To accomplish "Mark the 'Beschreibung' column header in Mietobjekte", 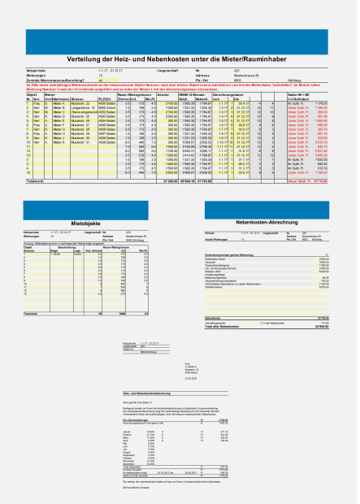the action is click(x=67, y=248).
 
